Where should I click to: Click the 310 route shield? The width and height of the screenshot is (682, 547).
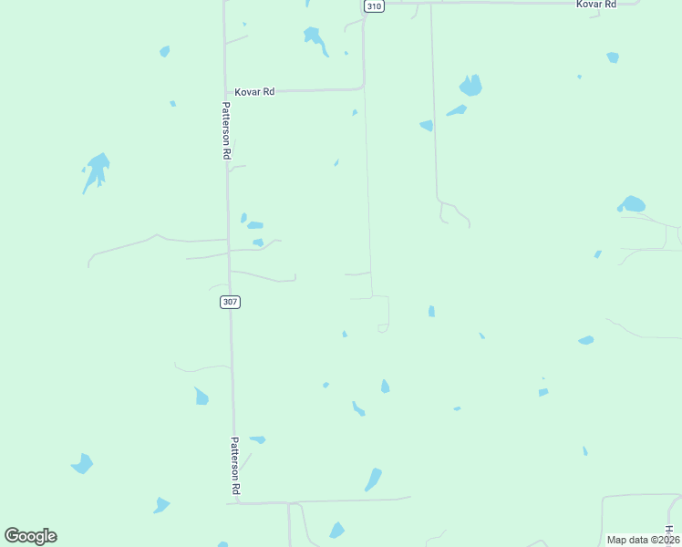373,5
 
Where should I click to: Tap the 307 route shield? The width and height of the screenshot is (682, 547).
230,302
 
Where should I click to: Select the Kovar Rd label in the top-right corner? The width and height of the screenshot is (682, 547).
596,5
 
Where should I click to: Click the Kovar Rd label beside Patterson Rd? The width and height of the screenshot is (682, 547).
254,92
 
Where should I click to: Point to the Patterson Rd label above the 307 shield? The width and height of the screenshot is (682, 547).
225,130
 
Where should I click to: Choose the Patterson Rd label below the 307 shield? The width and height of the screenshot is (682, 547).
235,467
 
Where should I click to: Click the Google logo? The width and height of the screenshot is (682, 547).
30,536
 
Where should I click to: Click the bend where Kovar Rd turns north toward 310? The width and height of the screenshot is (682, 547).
363,88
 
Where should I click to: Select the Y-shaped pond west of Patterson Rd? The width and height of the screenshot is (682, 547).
96,170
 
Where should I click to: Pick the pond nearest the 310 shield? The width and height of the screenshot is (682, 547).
315,38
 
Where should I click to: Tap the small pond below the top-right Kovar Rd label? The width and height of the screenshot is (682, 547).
613,57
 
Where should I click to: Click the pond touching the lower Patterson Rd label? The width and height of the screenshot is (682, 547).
258,439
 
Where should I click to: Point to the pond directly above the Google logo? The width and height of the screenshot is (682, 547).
82,463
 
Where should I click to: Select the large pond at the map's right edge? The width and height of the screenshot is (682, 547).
631,204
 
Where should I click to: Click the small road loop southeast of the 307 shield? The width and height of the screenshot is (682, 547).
384,327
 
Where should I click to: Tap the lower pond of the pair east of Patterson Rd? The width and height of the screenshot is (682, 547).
258,243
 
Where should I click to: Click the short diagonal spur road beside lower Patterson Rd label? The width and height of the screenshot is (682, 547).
245,461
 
